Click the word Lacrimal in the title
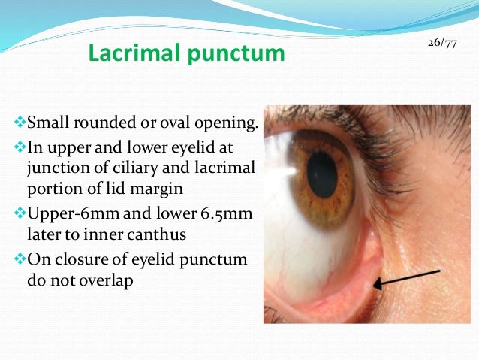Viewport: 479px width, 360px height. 125,54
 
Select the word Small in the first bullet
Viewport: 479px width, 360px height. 44,120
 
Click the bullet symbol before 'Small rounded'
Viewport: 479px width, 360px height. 20,120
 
